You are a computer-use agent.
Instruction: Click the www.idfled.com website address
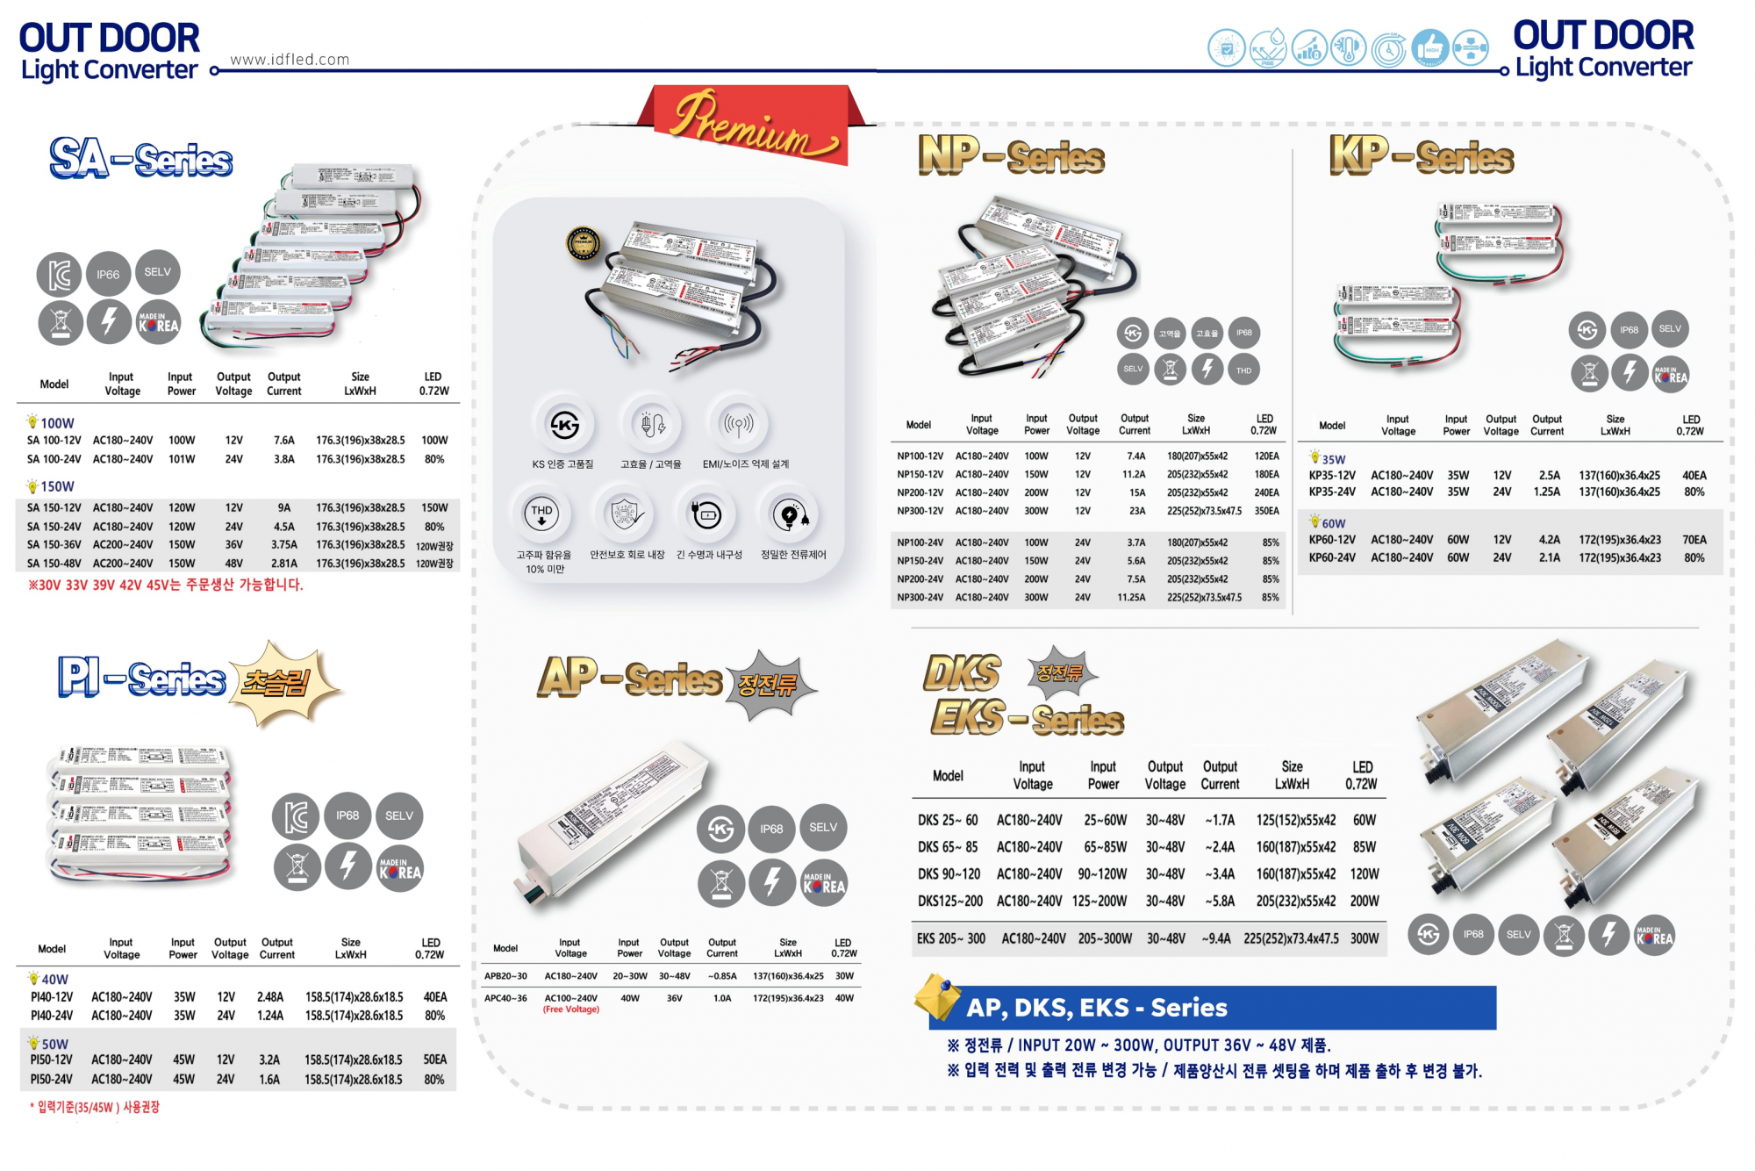coord(290,60)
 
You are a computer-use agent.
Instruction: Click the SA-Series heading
coord(141,160)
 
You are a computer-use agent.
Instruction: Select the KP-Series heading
coord(1422,156)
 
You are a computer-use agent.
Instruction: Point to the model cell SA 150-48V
coord(54,564)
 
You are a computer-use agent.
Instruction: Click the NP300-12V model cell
coord(920,511)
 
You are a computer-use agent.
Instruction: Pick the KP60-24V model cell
coord(1332,557)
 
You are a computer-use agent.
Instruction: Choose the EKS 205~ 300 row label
coord(951,938)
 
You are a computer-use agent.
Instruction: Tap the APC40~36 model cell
coord(505,998)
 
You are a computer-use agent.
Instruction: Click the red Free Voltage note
coord(571,1009)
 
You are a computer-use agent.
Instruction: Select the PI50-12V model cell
coord(52,1060)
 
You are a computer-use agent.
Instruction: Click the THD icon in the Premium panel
coord(541,514)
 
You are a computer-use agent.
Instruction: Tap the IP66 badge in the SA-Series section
coord(108,275)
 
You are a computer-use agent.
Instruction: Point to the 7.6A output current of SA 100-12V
coord(283,441)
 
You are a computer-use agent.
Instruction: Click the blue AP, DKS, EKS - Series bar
coord(1211,1008)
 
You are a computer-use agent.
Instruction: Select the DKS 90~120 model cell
coord(949,874)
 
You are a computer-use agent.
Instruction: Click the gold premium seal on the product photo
coord(584,244)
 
